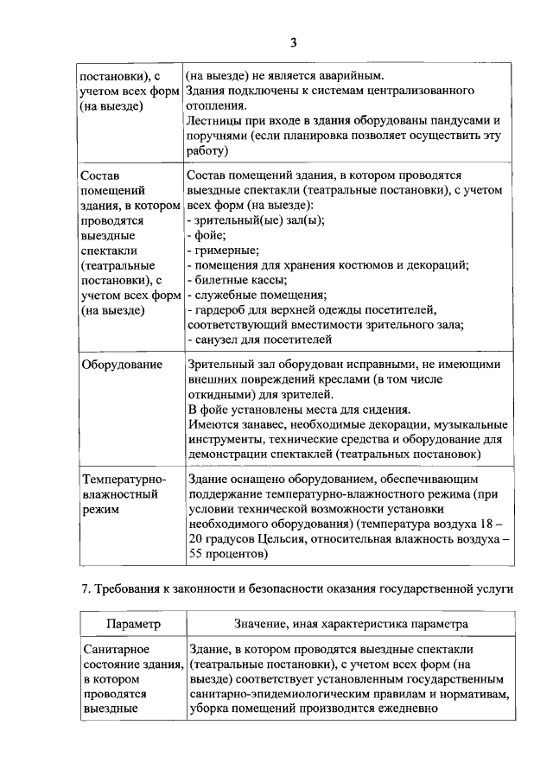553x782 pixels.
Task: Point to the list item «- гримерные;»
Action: (217, 250)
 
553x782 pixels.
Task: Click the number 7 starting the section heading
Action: (85, 590)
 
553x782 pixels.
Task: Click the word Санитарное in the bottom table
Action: (116, 649)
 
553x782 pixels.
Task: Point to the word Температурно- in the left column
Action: (123, 479)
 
